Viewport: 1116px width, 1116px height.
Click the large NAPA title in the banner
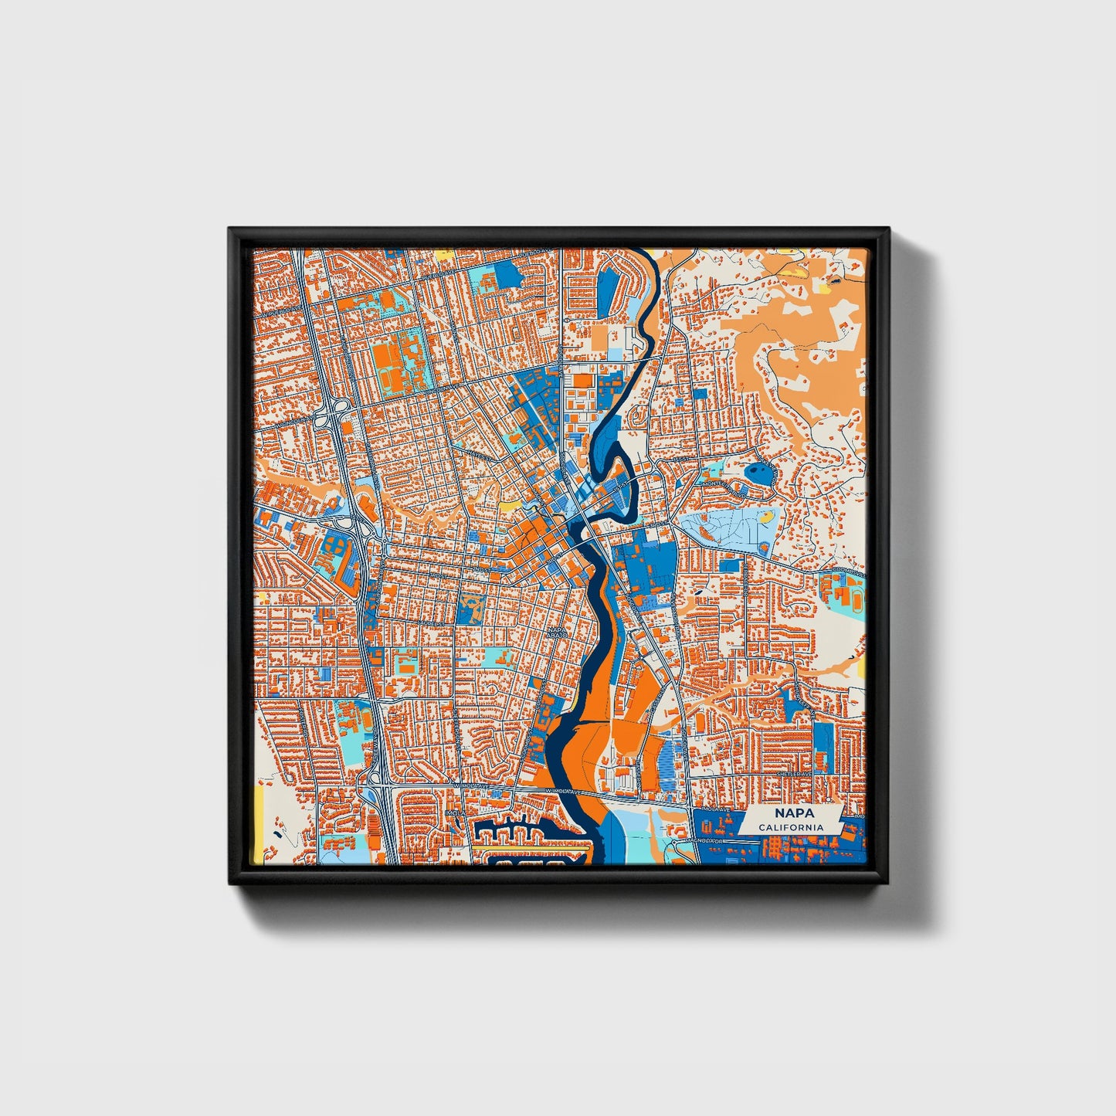pos(790,814)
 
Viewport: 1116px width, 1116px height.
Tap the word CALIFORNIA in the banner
pos(790,827)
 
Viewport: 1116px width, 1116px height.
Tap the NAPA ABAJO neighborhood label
pos(557,631)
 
